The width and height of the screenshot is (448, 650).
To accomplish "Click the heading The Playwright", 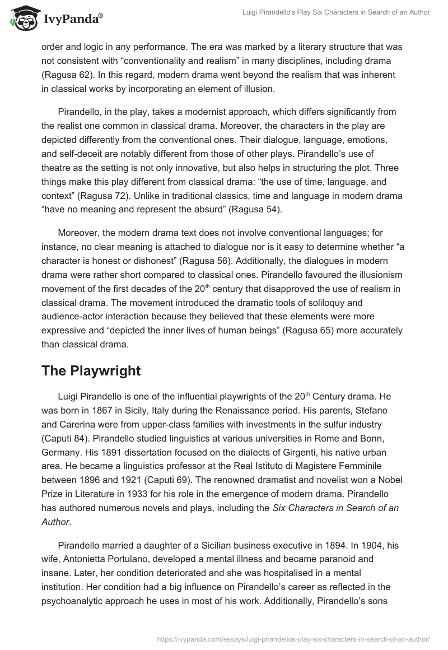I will [91, 370].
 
